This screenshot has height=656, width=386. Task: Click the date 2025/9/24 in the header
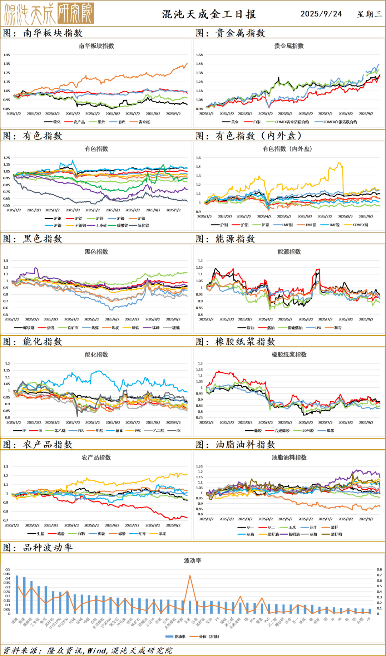point(321,14)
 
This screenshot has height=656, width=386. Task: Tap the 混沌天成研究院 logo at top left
point(49,14)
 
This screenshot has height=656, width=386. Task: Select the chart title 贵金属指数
point(289,46)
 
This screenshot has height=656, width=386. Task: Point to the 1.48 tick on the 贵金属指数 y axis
point(199,64)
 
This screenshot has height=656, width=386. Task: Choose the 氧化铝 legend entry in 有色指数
point(143,225)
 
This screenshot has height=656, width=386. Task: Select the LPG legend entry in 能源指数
point(318,328)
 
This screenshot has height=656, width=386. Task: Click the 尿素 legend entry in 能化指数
point(119,431)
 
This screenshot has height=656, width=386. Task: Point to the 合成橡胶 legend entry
point(282,431)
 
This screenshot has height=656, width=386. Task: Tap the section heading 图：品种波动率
point(38,548)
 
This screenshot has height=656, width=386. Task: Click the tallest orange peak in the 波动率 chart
point(190,576)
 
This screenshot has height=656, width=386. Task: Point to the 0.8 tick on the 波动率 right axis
point(379,569)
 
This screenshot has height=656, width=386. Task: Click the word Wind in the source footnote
point(97,650)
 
